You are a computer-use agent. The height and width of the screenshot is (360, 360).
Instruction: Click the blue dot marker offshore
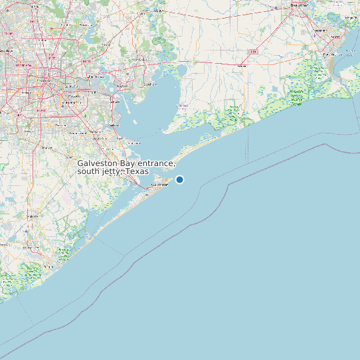(x=179, y=179)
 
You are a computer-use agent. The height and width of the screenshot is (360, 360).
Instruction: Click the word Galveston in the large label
(x=98, y=163)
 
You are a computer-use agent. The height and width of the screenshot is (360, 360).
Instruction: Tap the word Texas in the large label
(x=137, y=171)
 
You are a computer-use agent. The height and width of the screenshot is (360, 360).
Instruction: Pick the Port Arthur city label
(x=331, y=54)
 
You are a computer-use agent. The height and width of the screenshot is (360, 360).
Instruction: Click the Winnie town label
(x=240, y=66)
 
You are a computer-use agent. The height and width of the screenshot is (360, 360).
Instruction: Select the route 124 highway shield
(x=253, y=51)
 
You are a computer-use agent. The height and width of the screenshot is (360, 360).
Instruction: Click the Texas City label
(x=133, y=142)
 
